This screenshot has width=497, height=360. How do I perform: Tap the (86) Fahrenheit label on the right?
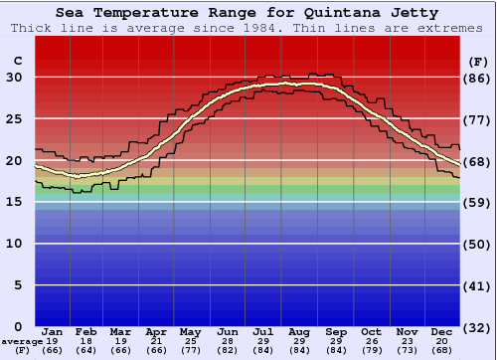tap(478, 78)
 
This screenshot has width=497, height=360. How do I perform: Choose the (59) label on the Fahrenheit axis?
tap(478, 202)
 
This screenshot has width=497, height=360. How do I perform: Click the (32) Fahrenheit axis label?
tap(478, 326)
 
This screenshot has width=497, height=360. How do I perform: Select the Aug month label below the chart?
tap(300, 331)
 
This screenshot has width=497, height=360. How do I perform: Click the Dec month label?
tap(441, 331)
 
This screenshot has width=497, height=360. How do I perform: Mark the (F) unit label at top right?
tap(478, 61)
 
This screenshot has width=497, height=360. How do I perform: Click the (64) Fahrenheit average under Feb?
tap(86, 350)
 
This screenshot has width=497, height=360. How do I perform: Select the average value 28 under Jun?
tap(228, 341)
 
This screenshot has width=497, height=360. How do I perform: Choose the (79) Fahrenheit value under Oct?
tap(371, 350)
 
